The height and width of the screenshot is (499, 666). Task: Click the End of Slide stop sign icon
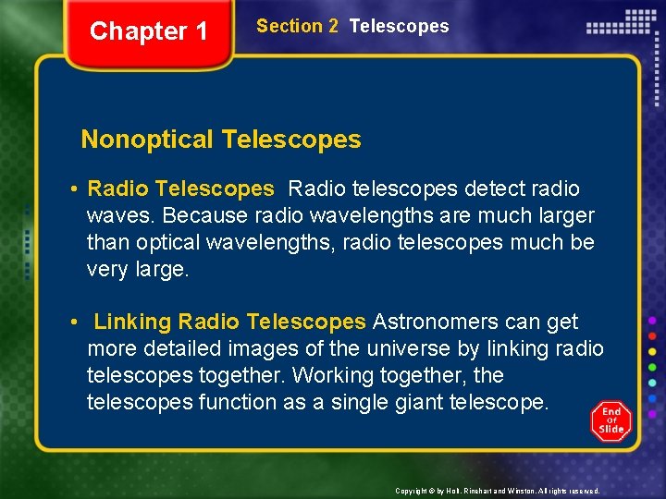610,421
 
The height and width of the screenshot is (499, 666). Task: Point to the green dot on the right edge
652,366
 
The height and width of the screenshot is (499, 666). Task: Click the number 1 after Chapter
201,31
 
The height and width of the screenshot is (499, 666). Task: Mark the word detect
496,189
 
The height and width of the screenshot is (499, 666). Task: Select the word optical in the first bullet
169,242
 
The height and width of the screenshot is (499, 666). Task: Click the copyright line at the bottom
497,491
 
